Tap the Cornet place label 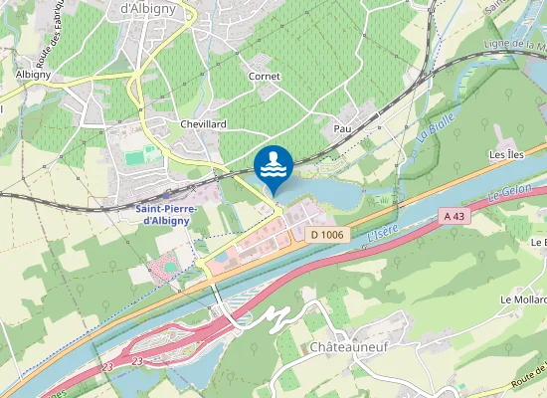(265, 76)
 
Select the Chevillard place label (204, 123)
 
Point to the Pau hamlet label (343, 129)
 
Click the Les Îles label (506, 156)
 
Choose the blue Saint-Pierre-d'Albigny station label (166, 215)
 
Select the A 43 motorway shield (455, 216)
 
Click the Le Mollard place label (523, 299)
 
